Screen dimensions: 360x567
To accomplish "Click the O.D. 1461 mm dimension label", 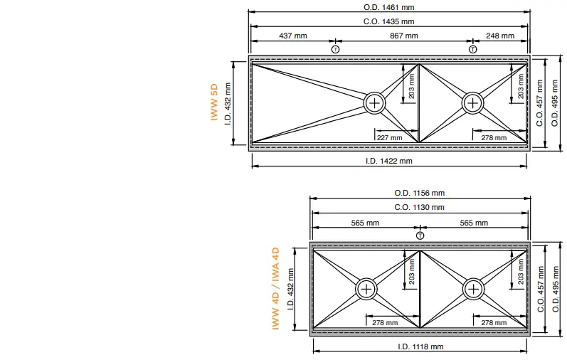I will point(388,7).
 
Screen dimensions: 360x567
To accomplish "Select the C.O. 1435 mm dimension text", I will point(388,21).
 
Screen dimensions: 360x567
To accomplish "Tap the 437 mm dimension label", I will point(292,36).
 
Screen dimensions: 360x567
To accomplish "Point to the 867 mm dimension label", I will point(403,36).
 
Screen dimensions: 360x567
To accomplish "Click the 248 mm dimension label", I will point(500,36).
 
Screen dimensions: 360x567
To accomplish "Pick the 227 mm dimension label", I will point(389,137).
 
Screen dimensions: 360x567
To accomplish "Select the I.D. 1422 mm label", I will point(388,161).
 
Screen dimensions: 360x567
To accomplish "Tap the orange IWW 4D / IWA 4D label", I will point(275,289).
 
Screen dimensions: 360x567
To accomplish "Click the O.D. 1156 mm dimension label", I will point(420,193).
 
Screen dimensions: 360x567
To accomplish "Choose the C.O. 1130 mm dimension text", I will point(420,207).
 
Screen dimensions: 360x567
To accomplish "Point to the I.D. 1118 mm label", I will point(420,346).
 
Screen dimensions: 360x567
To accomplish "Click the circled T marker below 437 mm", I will point(336,49).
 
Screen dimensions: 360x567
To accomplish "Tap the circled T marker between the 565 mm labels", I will point(420,235).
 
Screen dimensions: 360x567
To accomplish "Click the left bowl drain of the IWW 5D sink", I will point(374,103).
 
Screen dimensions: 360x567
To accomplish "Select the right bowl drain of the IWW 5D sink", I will point(473,103).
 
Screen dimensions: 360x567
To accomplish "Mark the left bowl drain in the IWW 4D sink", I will point(366,289).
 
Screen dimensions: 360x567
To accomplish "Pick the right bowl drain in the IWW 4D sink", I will point(473,289).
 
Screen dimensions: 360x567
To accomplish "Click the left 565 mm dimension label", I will point(365,223).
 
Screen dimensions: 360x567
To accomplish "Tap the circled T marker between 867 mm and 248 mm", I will point(473,49).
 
